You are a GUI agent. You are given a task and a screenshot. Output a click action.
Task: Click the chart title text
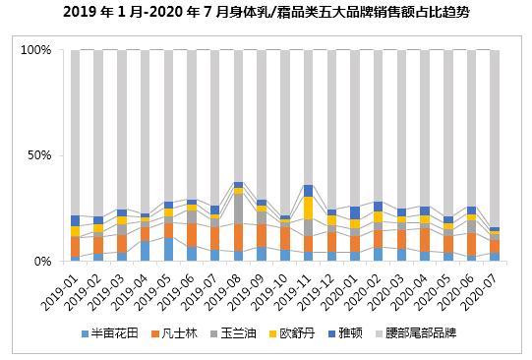[x=266, y=13]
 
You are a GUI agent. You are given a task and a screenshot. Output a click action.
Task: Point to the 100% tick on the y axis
[x=35, y=50]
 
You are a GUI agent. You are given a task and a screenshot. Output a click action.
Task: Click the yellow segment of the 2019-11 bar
[x=308, y=208]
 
